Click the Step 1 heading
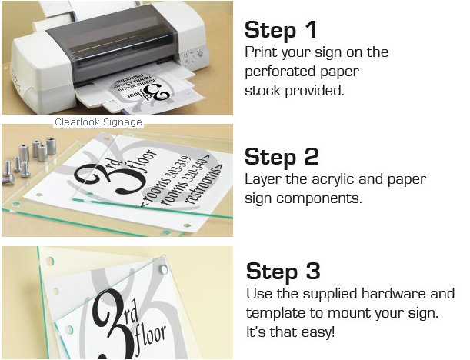(281, 30)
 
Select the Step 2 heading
(282, 157)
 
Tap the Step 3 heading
(283, 271)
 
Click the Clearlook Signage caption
(98, 122)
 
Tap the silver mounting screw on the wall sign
(163, 269)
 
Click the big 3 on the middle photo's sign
(126, 180)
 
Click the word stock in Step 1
(263, 91)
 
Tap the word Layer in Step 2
(263, 180)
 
